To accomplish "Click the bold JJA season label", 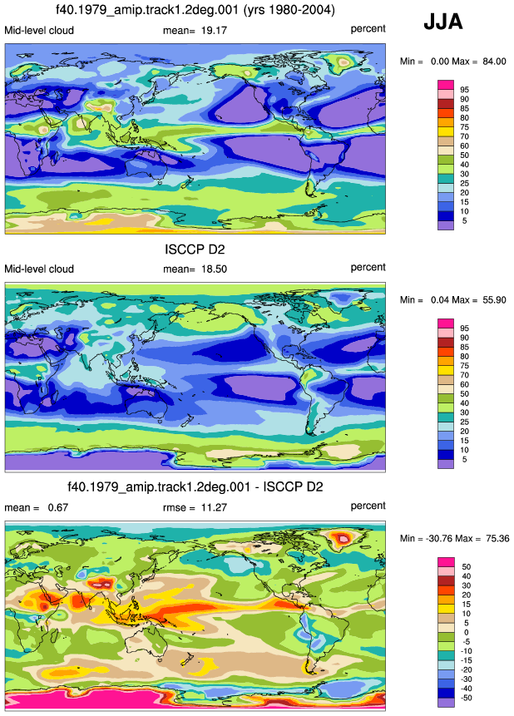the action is [442, 22].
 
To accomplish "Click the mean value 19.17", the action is [214, 31].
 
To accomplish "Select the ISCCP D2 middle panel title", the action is [195, 249].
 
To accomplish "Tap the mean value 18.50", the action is [214, 269].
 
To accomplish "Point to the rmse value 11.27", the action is [214, 507].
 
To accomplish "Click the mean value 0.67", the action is [58, 507].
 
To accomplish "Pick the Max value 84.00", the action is [494, 62].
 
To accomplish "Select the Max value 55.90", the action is [494, 299].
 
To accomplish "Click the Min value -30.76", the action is [438, 538].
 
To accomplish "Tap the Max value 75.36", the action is [497, 538].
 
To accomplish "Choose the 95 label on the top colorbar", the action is [464, 90].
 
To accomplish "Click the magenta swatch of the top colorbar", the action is [446, 85].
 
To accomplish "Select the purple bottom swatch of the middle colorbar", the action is [446, 464].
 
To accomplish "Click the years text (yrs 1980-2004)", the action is [289, 10].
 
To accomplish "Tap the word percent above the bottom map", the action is [368, 506].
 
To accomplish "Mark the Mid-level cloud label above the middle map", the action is [39, 269].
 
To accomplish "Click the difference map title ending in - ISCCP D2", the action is [195, 486].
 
